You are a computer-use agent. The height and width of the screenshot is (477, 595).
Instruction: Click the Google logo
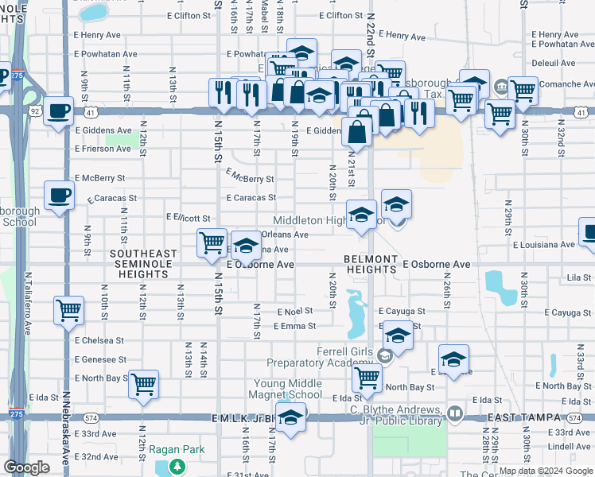[x=26, y=467]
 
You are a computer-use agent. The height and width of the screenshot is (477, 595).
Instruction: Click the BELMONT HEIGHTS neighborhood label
[x=370, y=264]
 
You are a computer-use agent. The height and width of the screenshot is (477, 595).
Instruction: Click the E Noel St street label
[x=295, y=312]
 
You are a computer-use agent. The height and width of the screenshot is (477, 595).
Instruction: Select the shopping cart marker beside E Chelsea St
[x=68, y=310]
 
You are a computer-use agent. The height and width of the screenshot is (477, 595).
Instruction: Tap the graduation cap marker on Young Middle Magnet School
[x=291, y=417]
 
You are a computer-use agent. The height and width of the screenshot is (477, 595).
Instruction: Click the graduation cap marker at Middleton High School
[x=361, y=215]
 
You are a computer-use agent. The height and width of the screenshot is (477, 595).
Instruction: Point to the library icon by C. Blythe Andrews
[x=454, y=413]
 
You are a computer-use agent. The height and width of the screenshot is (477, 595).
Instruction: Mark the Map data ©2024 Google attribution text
[x=545, y=471]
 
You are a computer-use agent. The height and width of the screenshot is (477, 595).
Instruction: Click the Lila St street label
[x=578, y=278]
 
